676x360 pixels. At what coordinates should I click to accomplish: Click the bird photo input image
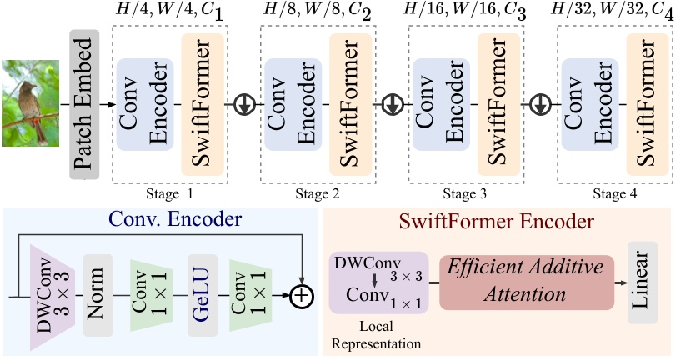(28, 103)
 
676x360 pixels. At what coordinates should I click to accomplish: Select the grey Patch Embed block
(84, 104)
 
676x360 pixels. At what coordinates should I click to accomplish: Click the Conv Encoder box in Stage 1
(144, 104)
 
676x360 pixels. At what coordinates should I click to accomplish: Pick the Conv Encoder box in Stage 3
(440, 104)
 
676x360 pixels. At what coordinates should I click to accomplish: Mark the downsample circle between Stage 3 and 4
(540, 105)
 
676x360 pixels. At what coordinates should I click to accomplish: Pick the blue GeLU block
(203, 295)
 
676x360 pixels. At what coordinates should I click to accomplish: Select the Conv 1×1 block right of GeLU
(251, 295)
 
